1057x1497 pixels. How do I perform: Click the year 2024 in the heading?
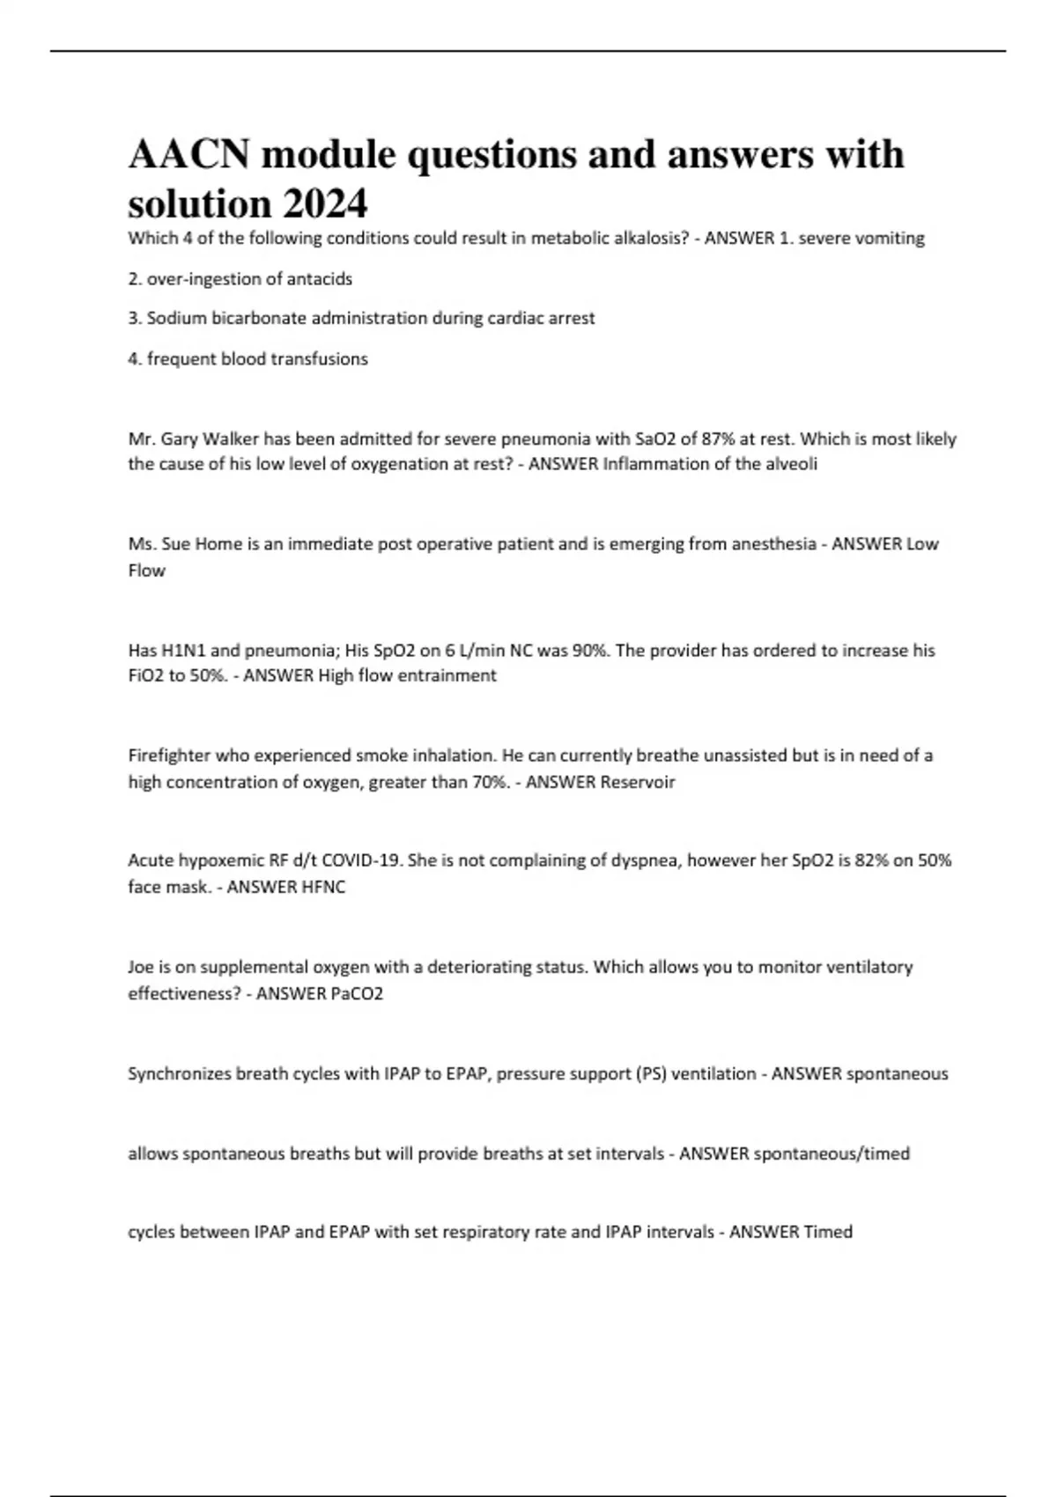pos(325,204)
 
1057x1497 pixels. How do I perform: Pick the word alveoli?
pos(788,464)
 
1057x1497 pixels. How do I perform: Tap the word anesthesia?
pos(770,544)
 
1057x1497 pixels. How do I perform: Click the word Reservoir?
pos(638,782)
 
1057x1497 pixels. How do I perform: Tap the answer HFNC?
pos(324,887)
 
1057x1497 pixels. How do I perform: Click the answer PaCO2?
pos(357,993)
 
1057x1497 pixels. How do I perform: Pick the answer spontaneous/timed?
pos(832,1154)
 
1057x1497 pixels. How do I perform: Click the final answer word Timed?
pos(828,1232)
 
